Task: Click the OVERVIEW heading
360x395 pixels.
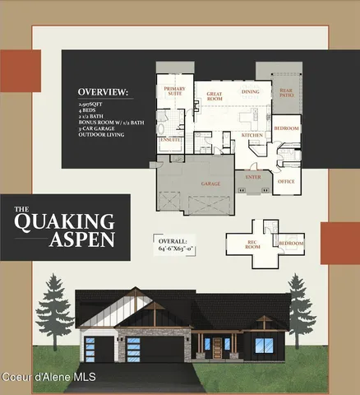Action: [103, 91]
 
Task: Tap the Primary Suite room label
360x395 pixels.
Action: [174, 91]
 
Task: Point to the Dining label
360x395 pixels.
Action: [251, 92]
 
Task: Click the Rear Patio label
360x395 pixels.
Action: [285, 94]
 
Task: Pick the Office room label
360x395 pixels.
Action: [286, 181]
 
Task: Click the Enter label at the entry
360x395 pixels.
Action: [252, 176]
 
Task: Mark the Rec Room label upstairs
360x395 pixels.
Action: [254, 245]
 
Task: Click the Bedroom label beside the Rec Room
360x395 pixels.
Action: [291, 244]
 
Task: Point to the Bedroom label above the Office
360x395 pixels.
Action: [286, 128]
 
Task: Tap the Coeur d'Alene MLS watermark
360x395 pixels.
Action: [48, 377]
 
